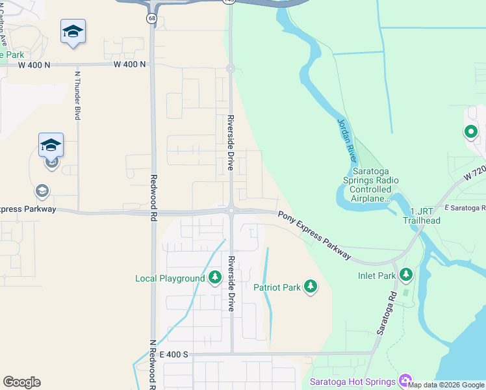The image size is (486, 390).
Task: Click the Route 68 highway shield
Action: pos(151,18)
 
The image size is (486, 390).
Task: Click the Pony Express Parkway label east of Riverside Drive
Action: pos(315,235)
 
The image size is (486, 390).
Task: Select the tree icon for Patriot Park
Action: pos(311,287)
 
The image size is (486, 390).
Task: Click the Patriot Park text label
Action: pos(277,287)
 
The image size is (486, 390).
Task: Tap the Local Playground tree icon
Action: pos(215,278)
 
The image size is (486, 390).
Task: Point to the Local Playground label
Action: pos(170,279)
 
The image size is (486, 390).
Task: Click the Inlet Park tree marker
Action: pos(406,275)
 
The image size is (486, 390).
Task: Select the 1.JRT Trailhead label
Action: pos(426,216)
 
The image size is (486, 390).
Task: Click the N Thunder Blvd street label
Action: pos(77,95)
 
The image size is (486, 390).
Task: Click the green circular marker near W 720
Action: pos(470,133)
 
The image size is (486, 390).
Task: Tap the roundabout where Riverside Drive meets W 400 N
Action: pos(230,68)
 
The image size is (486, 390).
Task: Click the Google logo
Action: pos(21,382)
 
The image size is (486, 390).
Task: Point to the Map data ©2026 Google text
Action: pos(446,385)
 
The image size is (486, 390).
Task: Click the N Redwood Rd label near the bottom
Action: pos(152,364)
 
